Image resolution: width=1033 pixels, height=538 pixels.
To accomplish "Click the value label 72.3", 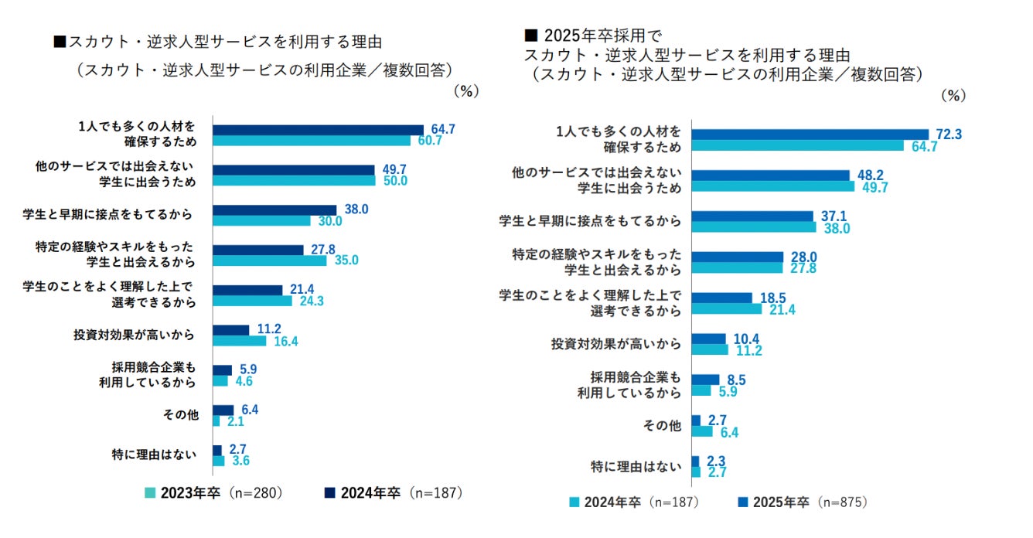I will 948,134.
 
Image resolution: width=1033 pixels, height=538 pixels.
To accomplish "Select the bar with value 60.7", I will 311,141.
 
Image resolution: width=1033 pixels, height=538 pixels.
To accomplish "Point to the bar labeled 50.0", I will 294,181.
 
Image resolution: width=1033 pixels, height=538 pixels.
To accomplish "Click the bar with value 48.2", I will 770,175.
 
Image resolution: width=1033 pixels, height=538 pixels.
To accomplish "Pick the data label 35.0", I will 346,260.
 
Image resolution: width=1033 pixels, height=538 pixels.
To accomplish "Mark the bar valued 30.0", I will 261,220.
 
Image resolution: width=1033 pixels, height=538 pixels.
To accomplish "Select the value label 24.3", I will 310,301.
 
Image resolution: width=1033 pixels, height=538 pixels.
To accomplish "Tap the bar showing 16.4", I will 239,341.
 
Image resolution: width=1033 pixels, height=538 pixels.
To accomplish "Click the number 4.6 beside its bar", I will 244,381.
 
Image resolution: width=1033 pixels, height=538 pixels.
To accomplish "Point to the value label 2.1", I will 235,421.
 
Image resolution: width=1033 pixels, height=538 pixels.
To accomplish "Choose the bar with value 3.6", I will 218,461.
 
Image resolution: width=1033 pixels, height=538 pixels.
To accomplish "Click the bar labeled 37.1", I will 752,216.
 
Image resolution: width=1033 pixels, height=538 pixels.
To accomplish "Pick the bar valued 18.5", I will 721,298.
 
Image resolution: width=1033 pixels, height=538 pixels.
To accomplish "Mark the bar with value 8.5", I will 705,380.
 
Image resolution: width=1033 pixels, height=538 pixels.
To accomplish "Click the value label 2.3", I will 715,461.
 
